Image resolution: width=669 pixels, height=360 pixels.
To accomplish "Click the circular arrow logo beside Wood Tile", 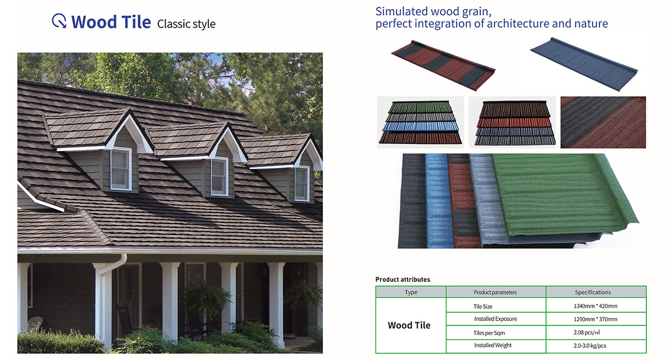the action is (59, 21).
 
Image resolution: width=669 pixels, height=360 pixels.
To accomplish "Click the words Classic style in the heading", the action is (186, 24).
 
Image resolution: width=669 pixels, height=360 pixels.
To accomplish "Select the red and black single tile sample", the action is (444, 65).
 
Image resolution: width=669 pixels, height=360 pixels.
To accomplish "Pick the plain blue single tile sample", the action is (584, 64).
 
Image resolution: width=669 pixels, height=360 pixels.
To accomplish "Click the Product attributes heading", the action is (403, 280).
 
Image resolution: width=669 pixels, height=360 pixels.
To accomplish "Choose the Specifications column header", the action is (593, 292).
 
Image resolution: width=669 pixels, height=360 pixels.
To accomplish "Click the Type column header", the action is (411, 292).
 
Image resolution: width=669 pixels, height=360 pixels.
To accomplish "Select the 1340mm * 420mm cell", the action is (595, 306).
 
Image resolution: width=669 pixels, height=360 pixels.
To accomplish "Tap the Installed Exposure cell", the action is (496, 319).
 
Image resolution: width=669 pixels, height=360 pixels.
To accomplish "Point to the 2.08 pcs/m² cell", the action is (586, 332).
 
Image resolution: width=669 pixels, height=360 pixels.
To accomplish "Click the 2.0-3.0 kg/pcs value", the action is (590, 346).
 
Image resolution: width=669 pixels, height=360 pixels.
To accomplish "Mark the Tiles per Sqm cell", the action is (489, 333).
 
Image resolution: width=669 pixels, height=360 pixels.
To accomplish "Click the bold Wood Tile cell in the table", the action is (409, 325).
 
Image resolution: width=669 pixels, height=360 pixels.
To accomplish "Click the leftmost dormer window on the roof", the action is (121, 169).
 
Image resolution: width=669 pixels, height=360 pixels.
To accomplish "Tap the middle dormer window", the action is (219, 177).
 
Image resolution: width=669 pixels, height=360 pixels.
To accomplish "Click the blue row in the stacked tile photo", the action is (420, 126).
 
